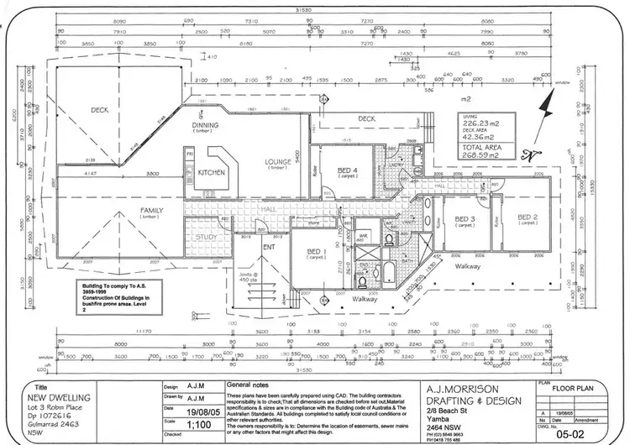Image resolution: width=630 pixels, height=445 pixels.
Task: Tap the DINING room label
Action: click(x=206, y=126)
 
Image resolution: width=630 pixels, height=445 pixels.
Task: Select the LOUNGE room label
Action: click(x=277, y=162)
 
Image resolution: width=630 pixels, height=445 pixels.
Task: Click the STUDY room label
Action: click(x=206, y=236)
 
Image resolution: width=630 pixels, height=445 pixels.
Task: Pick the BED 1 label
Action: click(x=316, y=252)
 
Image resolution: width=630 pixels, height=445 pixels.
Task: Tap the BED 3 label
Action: click(x=465, y=219)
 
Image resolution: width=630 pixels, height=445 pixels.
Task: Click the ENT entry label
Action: click(x=269, y=248)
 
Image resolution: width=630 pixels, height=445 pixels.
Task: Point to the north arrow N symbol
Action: click(x=528, y=154)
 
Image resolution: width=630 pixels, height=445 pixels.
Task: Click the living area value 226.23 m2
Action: click(x=480, y=123)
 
